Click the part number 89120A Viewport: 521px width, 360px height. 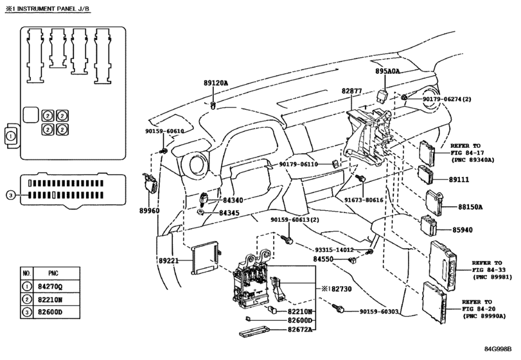(x=216, y=83)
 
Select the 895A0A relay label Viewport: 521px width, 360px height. (x=387, y=71)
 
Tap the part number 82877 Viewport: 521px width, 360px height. (x=351, y=91)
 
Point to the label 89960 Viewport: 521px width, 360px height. (x=149, y=210)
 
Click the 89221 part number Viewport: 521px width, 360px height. (x=168, y=260)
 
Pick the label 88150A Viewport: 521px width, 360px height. (x=470, y=207)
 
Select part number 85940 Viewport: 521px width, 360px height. (x=462, y=230)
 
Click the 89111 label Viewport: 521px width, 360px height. (x=459, y=179)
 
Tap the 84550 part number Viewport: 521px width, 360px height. (x=323, y=259)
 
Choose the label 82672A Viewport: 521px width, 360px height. (x=300, y=329)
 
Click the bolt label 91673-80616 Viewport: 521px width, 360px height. (x=364, y=200)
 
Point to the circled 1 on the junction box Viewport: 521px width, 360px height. (x=10, y=136)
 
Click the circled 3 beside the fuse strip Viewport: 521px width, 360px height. (x=11, y=195)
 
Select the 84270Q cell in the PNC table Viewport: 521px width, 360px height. (x=50, y=286)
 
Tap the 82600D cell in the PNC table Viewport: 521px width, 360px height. (x=50, y=312)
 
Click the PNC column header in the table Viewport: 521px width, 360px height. (x=53, y=273)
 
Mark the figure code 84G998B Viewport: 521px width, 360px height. (x=498, y=349)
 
